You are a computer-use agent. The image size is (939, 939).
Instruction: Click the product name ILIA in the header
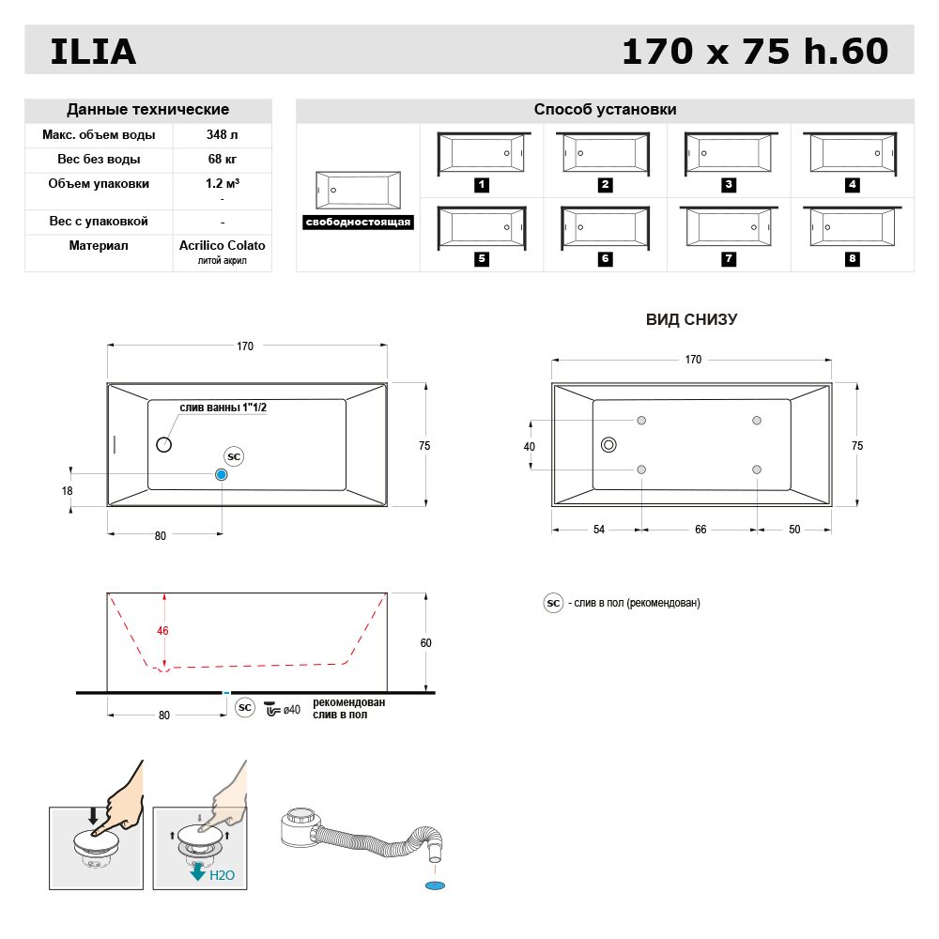coord(93,52)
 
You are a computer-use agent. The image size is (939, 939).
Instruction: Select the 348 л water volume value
coord(222,135)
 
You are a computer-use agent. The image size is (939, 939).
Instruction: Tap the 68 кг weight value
coord(222,159)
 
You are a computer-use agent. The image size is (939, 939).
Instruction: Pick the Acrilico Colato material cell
coord(222,245)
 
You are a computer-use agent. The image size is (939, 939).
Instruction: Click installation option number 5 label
coord(482,258)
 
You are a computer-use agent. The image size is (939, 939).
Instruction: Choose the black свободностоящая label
coord(359,223)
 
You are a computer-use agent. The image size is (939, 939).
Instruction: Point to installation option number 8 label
coord(853,258)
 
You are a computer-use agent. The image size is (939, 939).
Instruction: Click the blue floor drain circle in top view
coord(222,475)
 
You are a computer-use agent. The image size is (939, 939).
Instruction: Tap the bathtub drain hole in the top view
coord(163,445)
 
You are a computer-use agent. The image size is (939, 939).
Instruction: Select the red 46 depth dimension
coord(162,631)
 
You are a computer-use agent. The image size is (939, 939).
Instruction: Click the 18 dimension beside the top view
coord(67,491)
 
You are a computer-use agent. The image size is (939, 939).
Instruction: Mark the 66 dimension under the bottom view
coord(700,530)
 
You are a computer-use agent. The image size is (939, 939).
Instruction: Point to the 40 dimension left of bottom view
coord(530,447)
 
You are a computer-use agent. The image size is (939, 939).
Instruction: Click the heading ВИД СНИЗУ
coord(691,319)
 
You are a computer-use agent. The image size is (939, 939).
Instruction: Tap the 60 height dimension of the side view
coord(426,643)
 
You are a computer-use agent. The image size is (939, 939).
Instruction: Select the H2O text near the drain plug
coord(223,874)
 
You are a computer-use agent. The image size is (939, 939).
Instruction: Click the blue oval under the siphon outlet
coord(434,885)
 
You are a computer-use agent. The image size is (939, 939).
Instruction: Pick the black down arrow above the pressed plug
coord(92,813)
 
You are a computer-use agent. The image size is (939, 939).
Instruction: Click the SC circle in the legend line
coord(553,603)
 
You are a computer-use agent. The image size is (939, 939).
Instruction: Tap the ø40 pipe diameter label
coord(291,709)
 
